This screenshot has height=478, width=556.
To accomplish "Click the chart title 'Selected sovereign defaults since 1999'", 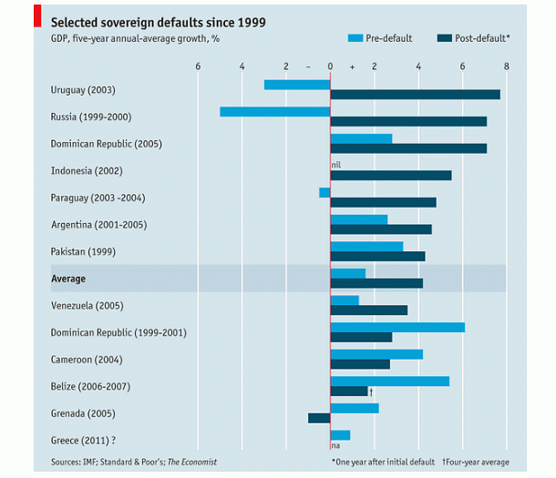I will (x=158, y=22).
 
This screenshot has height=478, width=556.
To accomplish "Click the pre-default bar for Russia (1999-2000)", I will (x=274, y=111).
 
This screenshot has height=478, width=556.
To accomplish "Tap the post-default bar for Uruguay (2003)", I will (x=415, y=95).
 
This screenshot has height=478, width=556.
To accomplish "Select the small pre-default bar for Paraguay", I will (x=324, y=192).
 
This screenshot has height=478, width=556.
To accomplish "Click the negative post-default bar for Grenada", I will (x=318, y=418).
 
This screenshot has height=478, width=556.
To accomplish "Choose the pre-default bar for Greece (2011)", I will (x=340, y=435).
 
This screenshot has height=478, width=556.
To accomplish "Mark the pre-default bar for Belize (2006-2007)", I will (x=389, y=381).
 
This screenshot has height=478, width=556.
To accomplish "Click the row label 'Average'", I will (x=68, y=279).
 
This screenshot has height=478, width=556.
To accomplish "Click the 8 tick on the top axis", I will (x=506, y=66).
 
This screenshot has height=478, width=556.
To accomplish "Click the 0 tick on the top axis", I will (x=330, y=66).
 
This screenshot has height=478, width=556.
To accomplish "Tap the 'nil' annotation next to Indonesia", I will (x=335, y=165).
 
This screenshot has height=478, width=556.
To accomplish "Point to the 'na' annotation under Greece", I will (x=335, y=445).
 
